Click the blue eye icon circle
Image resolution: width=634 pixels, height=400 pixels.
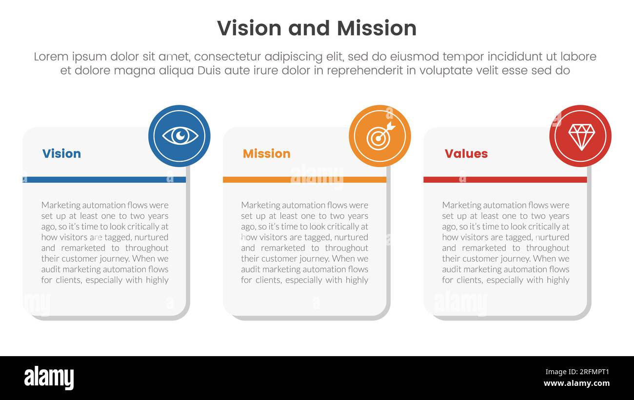179,136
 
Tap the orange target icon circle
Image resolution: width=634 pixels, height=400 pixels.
379,136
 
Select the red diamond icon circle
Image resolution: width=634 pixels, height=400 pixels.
580,136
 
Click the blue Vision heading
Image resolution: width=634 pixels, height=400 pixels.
61,153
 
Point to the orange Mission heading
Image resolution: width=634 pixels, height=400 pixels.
266,153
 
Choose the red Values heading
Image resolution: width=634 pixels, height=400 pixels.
466,153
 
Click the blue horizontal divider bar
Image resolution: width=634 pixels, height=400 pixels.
104,180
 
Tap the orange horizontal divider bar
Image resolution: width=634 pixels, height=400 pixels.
304,180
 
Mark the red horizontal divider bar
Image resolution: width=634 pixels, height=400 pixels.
505,180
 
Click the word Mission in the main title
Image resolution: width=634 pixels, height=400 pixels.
376,28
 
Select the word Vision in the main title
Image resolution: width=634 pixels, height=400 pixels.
249,28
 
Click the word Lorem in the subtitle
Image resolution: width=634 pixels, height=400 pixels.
52,57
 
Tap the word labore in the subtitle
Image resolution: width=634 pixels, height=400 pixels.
578,57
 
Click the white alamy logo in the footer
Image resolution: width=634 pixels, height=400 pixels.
49,378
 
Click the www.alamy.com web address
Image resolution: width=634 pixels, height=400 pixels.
576,383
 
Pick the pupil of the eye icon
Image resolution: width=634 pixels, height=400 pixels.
180,135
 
